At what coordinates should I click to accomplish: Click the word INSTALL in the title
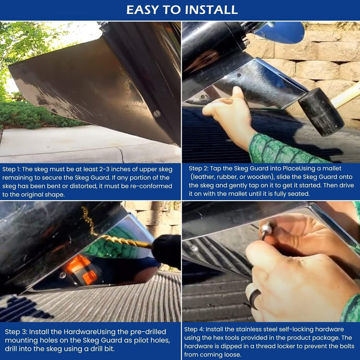pyautogui.click(x=211, y=10)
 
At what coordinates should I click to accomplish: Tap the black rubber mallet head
pyautogui.click(x=321, y=112)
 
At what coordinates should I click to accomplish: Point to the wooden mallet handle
pyautogui.click(x=346, y=95)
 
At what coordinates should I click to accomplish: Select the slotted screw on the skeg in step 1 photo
pyautogui.click(x=157, y=114)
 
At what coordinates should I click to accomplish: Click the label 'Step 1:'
pyautogui.click(x=11, y=169)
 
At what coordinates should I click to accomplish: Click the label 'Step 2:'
pyautogui.click(x=199, y=169)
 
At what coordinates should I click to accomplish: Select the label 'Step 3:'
pyautogui.click(x=16, y=332)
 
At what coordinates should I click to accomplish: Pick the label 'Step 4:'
pyautogui.click(x=194, y=330)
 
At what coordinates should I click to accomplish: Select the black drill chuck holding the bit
pyautogui.click(x=166, y=251)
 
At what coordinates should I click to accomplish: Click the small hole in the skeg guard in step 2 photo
pyautogui.click(x=239, y=75)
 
